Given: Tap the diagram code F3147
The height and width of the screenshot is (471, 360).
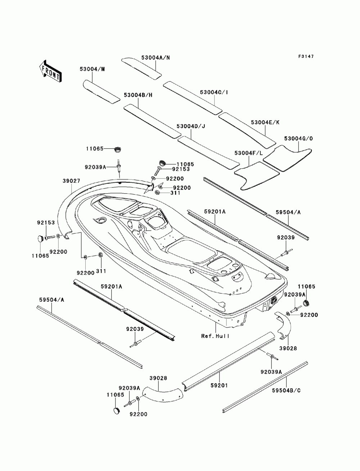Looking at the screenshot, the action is (x=306, y=56).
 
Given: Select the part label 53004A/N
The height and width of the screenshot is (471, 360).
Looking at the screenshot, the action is (x=156, y=58).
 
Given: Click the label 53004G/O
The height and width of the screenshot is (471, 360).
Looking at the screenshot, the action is (x=298, y=139).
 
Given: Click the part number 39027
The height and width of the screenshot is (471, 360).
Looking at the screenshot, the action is (x=71, y=181).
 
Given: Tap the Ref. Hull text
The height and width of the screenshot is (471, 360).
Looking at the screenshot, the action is (x=215, y=336).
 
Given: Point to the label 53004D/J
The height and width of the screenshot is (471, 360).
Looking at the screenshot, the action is (x=191, y=126).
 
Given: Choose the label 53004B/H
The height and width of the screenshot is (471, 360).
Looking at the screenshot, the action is (x=138, y=95).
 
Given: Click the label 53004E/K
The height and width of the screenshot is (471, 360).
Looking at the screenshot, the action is (x=265, y=122).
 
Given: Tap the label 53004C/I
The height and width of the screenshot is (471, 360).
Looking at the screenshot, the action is (x=214, y=92).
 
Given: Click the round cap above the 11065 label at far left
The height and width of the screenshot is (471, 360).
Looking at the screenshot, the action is (x=40, y=239).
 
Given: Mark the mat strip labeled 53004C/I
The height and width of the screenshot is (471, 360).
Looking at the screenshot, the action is (x=193, y=98).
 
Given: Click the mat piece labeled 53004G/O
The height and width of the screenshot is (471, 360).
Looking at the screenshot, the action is (x=288, y=158).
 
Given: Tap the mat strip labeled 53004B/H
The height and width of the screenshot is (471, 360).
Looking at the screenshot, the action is (x=152, y=121).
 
